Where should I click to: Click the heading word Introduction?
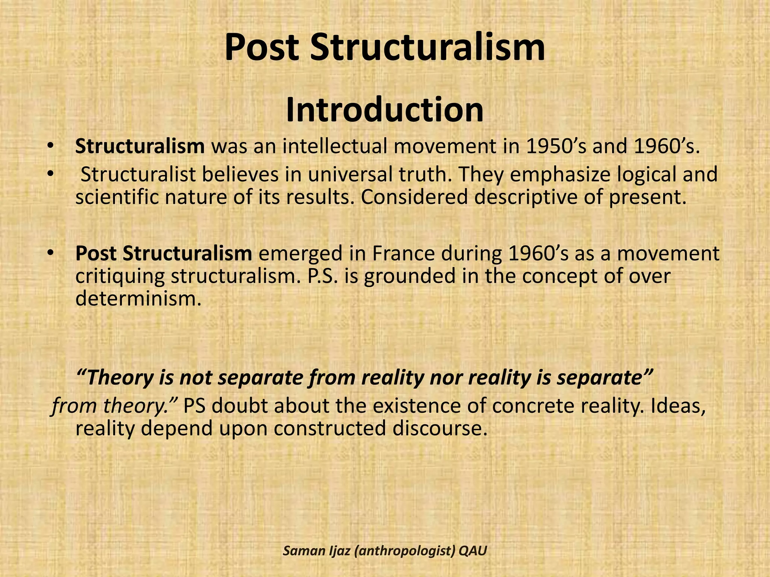point(385,110)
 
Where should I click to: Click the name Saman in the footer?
point(299,551)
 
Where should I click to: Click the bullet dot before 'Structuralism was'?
point(50,146)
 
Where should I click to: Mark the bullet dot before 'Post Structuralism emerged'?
point(50,254)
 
